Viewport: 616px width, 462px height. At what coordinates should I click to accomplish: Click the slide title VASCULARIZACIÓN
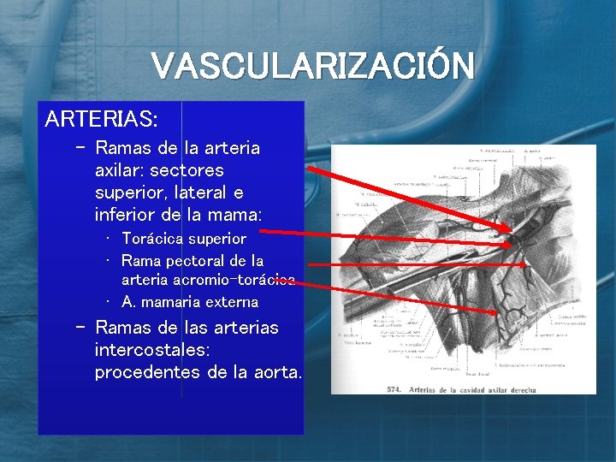coord(312,66)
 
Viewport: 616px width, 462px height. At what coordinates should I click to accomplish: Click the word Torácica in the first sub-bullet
coord(155,239)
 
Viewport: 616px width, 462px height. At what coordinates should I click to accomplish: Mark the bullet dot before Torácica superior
coord(110,239)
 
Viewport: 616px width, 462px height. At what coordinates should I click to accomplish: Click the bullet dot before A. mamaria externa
coord(110,302)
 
